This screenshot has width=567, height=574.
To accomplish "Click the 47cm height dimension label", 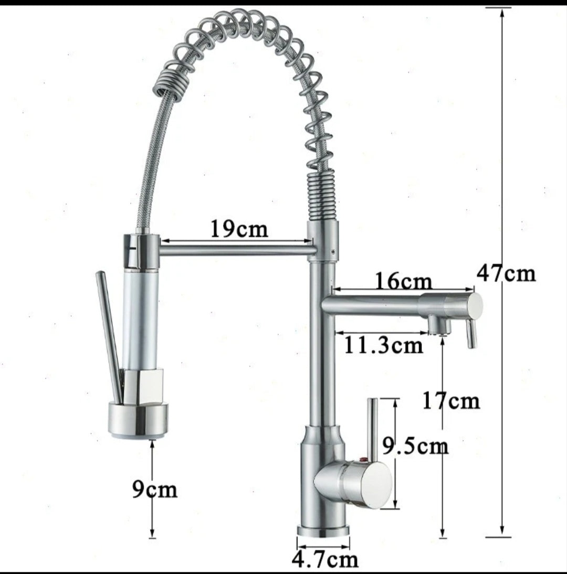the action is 506,273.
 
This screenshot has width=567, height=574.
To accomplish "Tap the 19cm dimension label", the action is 239,229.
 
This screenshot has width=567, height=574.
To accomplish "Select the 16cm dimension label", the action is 403,282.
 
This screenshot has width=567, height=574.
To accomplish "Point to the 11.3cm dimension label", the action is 383,345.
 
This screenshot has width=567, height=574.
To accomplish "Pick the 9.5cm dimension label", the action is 415,446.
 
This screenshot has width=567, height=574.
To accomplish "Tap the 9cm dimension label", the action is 154,489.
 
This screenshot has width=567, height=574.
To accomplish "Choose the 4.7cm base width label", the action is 325,559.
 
